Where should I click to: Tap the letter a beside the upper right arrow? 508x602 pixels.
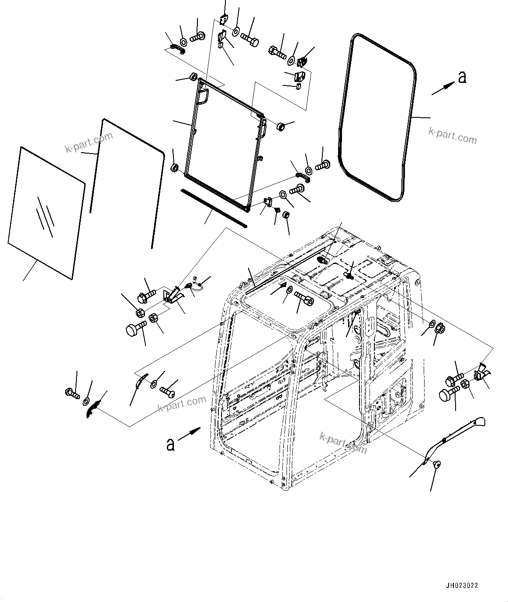463,77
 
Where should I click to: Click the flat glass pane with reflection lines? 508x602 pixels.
46,212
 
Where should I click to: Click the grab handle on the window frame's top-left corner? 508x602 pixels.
202,96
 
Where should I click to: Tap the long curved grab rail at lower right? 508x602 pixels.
454,436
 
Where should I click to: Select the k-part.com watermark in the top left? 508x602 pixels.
89,143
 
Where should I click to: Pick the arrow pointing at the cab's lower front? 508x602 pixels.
190,432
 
